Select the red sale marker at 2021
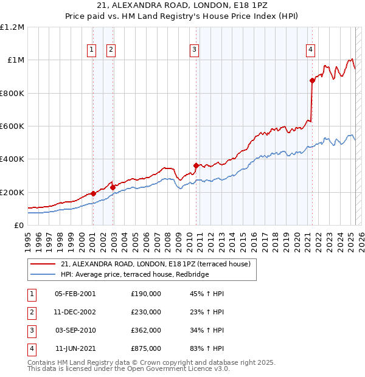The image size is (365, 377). tap(312, 80)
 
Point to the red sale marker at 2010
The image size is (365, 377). tap(196, 165)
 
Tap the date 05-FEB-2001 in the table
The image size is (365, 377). tap(75, 294)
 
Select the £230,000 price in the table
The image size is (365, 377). tap(146, 312)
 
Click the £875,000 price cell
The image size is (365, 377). tap(146, 348)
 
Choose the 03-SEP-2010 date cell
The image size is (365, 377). tap(75, 330)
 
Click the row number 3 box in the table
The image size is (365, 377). tap(30, 330)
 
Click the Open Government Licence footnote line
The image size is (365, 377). tap(129, 368)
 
